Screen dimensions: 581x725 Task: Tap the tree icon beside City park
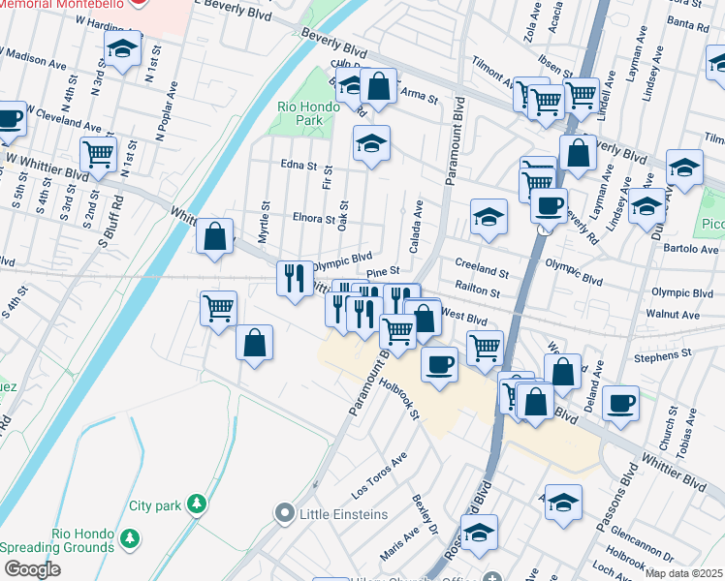click(x=197, y=505)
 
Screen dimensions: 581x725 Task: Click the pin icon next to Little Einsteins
click(x=284, y=512)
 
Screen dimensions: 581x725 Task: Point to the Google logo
click(x=32, y=568)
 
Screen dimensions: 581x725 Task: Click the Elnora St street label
click(x=313, y=219)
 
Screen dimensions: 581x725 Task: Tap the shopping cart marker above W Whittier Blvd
click(x=98, y=151)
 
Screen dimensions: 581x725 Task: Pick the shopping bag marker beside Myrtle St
click(x=214, y=236)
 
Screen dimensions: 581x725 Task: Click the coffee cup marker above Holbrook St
click(x=440, y=364)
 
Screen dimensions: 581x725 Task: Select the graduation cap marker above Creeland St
click(x=489, y=216)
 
